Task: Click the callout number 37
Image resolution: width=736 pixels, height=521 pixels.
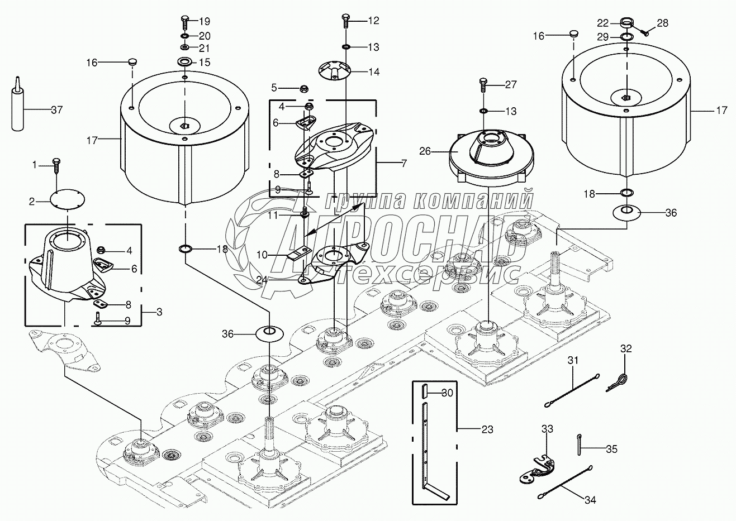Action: click(56, 109)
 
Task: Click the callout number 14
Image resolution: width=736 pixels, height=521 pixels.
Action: click(373, 71)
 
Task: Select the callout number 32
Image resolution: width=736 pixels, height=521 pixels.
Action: click(626, 349)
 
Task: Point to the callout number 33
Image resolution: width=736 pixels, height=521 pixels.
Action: click(547, 428)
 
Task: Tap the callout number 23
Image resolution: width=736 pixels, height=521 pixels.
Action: click(488, 429)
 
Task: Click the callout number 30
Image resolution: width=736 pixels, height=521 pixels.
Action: click(447, 393)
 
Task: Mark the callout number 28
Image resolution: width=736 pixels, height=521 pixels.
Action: click(662, 23)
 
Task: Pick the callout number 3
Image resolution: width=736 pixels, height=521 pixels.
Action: click(159, 312)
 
